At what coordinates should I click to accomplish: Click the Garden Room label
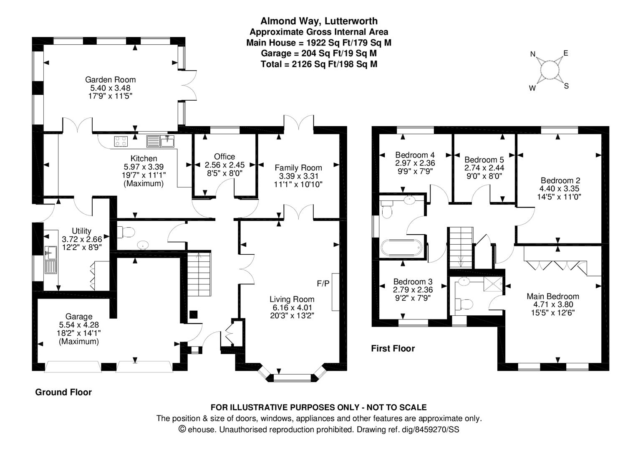coord(110,79)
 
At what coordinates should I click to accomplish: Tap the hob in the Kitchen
coord(121,142)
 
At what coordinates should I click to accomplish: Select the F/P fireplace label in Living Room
coord(323,284)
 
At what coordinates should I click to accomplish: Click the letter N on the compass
coord(533,54)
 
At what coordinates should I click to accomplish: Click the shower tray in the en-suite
coord(494,285)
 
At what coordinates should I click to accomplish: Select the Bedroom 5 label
coord(484,160)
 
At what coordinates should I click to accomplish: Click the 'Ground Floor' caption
coord(63,392)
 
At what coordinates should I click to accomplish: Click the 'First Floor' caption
coord(393,348)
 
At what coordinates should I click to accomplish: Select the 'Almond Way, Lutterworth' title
coord(319,21)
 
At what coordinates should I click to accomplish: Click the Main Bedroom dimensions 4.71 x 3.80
coord(552,304)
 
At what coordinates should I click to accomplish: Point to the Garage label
coord(79,317)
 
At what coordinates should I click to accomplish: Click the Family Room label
coord(298,168)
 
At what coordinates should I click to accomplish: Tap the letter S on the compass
coord(566,86)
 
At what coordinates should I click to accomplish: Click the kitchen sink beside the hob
coord(161,142)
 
